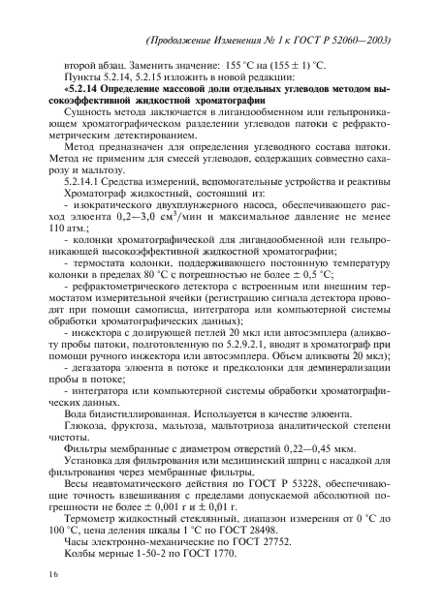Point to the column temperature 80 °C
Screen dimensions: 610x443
[x=155, y=299]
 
